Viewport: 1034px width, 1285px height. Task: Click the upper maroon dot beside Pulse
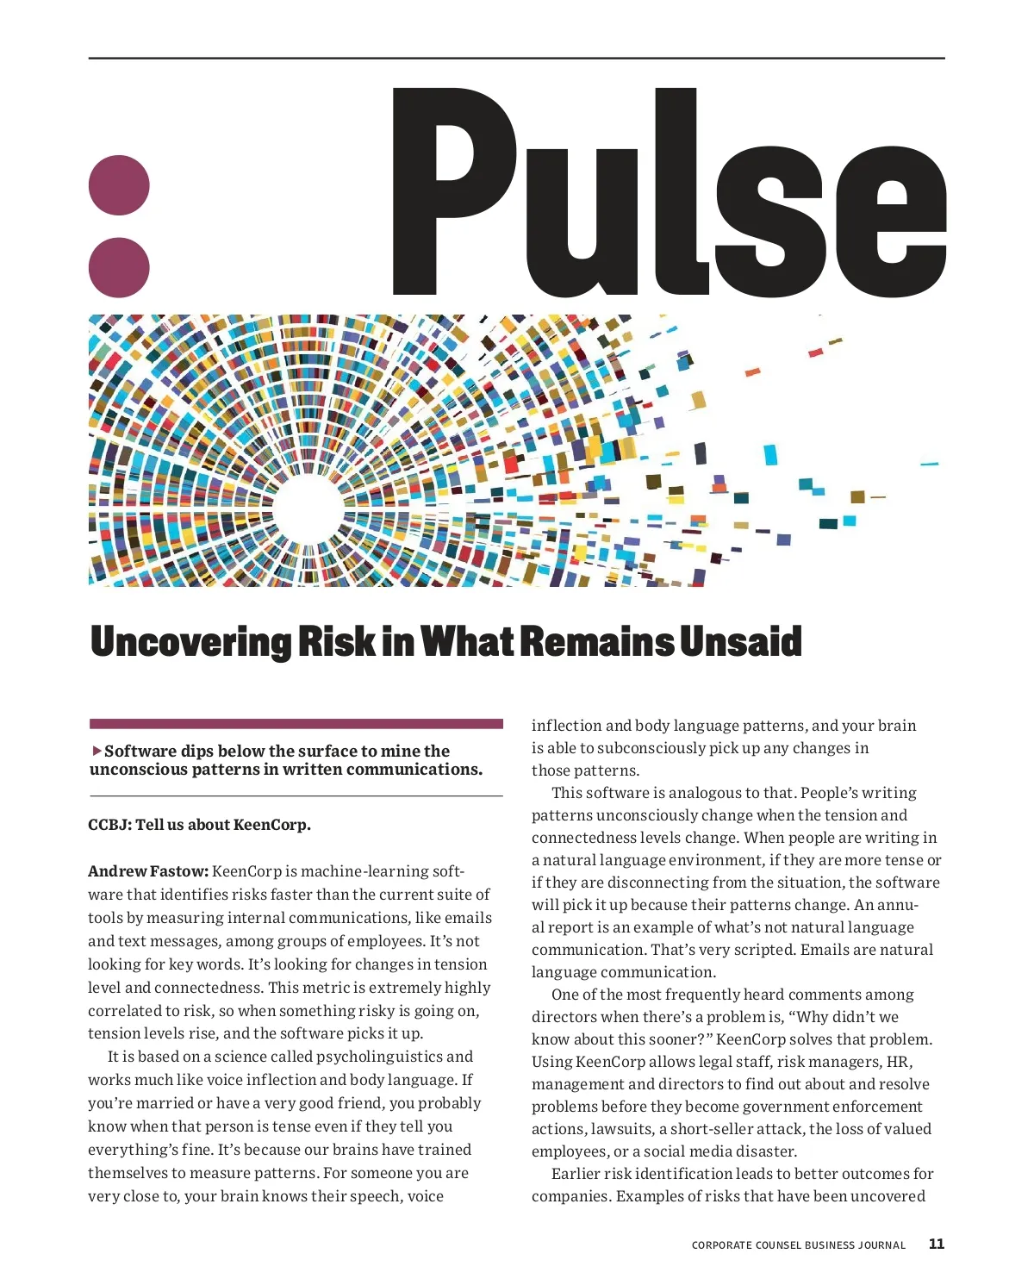pos(120,185)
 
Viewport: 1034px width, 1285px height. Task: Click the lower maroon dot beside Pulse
pos(120,267)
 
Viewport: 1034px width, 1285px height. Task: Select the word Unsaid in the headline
pos(740,642)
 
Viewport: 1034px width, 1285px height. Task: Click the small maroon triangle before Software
pos(97,751)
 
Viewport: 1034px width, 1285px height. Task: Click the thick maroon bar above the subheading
pos(296,724)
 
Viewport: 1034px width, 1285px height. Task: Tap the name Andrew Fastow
pos(147,871)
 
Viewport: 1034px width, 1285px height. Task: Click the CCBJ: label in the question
pos(109,825)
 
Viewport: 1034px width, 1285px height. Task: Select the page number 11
pos(937,1244)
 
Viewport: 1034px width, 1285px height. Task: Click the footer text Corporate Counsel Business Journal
pos(798,1245)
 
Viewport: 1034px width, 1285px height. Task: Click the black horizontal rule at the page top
pos(516,59)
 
